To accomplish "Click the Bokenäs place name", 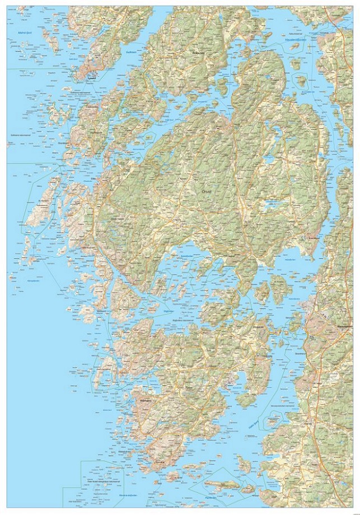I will point(198,53).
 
